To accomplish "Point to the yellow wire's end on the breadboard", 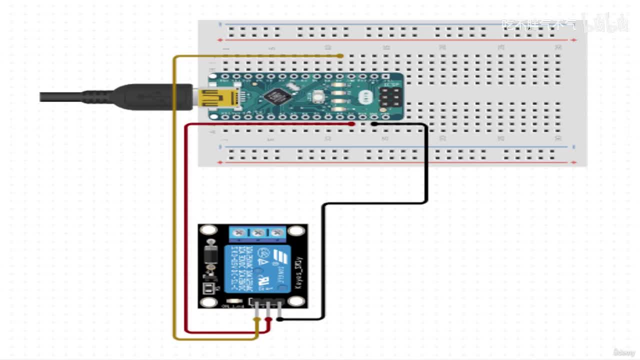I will pyautogui.click(x=340, y=56).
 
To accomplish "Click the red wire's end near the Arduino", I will pyautogui.click(x=352, y=123).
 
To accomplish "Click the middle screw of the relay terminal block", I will pyautogui.click(x=258, y=233).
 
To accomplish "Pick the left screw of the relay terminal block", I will pyautogui.click(x=241, y=233).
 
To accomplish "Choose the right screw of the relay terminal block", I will pyautogui.click(x=275, y=233).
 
